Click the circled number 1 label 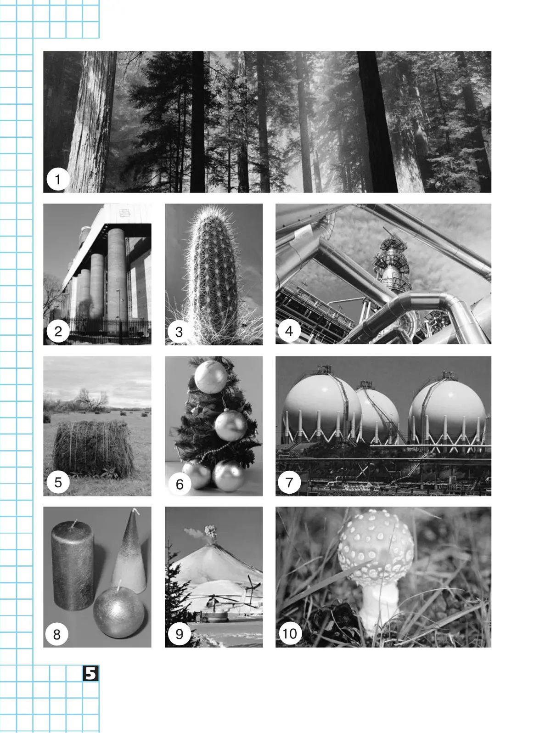[x=58, y=179]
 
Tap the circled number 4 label [x=289, y=331]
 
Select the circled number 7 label [x=289, y=482]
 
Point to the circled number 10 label [x=290, y=633]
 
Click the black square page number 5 [x=90, y=673]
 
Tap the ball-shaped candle [x=118, y=613]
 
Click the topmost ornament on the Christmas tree [x=211, y=377]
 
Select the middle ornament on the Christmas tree [x=231, y=425]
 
